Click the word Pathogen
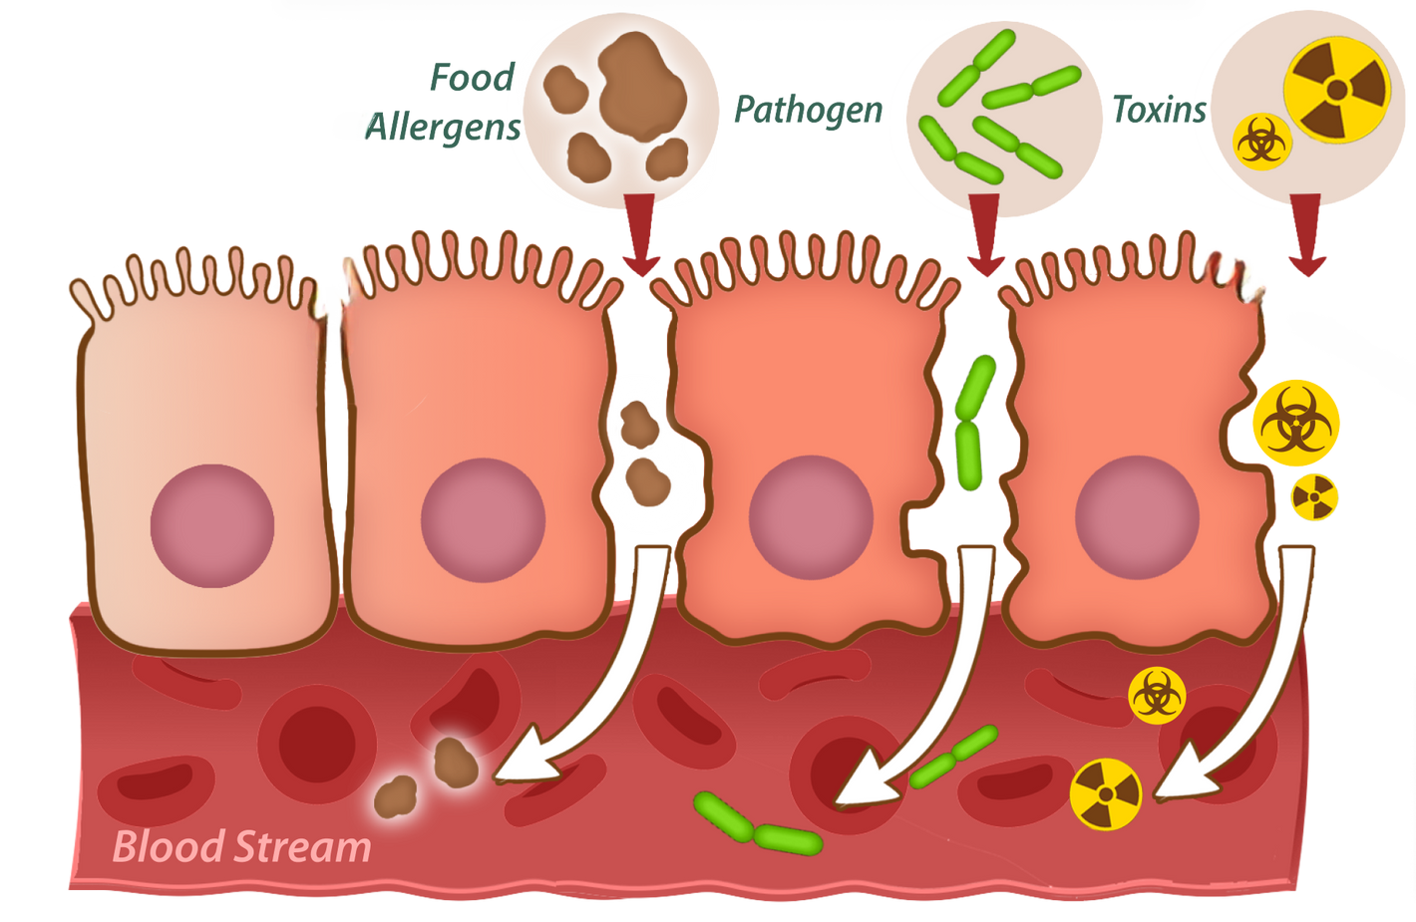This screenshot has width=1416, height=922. [x=808, y=109]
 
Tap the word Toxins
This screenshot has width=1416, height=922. [x=1158, y=110]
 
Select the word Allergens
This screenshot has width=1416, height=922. [x=444, y=127]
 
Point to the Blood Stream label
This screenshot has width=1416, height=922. [x=242, y=847]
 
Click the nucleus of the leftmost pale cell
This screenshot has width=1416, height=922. [x=212, y=525]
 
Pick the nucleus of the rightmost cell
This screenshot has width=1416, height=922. [x=1137, y=517]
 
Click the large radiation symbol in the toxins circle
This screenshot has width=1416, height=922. [x=1336, y=91]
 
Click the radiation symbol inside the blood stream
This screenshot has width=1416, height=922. [x=1106, y=793]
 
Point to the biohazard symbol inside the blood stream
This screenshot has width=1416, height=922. [x=1157, y=696]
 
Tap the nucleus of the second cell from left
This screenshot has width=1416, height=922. [x=483, y=519]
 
